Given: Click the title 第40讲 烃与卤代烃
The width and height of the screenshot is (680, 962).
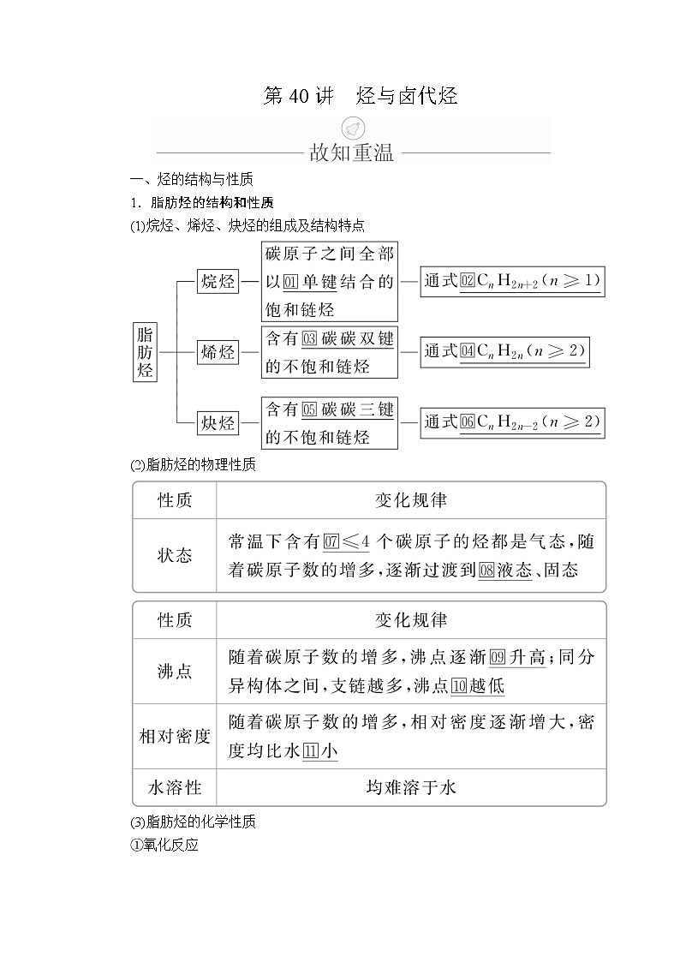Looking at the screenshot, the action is point(360,96).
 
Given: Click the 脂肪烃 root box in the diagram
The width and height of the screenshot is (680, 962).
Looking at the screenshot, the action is point(146,352).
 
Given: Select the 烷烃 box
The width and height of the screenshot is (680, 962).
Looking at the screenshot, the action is point(218,281).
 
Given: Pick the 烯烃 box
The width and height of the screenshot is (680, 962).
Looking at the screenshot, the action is point(218,352).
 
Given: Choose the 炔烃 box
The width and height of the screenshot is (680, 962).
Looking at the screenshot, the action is point(218,422).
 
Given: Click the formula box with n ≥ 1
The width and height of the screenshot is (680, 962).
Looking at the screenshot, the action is point(512,281).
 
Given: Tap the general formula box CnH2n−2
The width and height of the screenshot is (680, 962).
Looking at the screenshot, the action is point(512,421).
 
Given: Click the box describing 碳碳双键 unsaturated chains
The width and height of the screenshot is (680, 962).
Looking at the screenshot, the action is point(329,352).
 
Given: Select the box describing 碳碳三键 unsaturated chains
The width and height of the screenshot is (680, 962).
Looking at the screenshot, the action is point(329,422).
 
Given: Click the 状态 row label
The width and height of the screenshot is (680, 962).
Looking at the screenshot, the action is point(175,555).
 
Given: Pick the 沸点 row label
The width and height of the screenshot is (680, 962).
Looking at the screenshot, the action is point(175,672).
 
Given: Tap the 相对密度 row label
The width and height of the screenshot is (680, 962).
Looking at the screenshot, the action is point(175,736).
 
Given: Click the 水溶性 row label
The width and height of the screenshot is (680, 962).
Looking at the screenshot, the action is point(175,787).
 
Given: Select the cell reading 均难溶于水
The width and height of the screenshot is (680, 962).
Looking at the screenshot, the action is point(411,787).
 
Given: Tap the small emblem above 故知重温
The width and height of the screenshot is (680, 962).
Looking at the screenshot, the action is point(351,129).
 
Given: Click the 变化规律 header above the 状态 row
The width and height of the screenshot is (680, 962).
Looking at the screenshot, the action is point(411,500).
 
